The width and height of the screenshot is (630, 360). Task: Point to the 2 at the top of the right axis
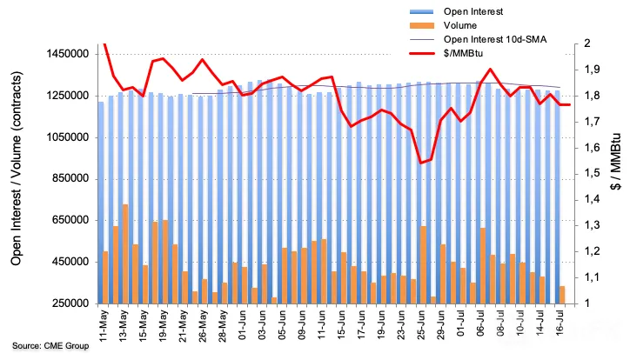coord(587,43)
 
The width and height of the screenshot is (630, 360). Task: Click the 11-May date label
coord(104,325)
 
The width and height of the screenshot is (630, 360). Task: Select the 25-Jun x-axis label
coord(421,325)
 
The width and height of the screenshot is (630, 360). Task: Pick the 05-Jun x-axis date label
coord(282,325)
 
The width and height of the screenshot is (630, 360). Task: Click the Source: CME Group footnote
coord(50,345)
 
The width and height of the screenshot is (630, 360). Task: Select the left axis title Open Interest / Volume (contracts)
coord(16,168)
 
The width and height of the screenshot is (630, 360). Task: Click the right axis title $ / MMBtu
coord(615,161)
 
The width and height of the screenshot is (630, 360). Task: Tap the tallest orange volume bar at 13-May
coord(125,254)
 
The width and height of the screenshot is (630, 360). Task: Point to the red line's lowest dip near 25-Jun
coord(420,163)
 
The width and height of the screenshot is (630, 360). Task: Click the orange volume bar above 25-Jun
coord(423,265)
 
